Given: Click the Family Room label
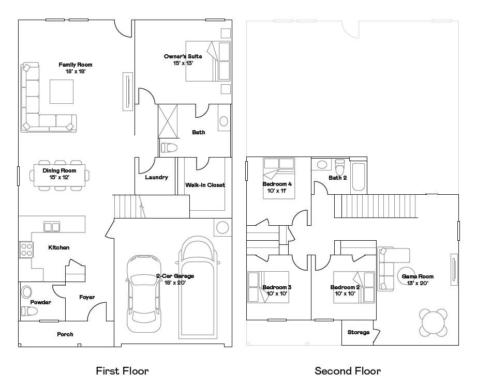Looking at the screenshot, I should (x=75, y=65).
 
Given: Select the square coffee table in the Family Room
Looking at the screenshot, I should (x=61, y=91).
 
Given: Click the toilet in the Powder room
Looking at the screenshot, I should (x=29, y=311).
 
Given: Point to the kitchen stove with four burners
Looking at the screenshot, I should (x=26, y=250).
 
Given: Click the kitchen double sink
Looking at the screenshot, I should (x=51, y=226).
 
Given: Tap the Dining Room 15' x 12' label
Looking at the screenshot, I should (x=59, y=174).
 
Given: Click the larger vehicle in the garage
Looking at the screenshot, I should (x=198, y=286).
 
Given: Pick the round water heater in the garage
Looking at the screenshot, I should (x=222, y=228).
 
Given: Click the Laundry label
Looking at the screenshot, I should (x=156, y=177).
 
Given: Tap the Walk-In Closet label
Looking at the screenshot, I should (x=205, y=185).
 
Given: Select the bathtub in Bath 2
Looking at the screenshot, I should (x=359, y=177).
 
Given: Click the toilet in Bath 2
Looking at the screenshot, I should (x=340, y=167).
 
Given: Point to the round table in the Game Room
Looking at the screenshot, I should (x=434, y=322).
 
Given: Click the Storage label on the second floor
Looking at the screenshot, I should (x=359, y=332).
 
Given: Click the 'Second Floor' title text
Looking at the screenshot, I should (x=348, y=371).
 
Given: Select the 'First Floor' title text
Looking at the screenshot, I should (x=122, y=371).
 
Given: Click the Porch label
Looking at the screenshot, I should (x=65, y=334).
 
